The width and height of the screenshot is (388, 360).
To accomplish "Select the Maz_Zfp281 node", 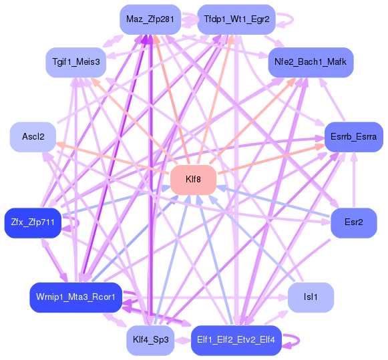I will (x=150, y=19).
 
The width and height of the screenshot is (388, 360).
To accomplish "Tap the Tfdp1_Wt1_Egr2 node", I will (x=237, y=19).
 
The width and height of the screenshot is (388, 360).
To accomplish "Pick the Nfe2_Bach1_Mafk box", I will (x=311, y=61).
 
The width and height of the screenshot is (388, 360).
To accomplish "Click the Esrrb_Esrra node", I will (x=353, y=137).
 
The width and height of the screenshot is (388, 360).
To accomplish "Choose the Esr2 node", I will (x=353, y=222).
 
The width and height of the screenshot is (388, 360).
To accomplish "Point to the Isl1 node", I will (x=310, y=297).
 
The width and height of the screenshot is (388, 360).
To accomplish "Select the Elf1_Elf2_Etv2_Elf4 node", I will (x=236, y=340).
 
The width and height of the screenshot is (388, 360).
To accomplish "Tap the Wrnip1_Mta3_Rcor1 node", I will (x=75, y=297).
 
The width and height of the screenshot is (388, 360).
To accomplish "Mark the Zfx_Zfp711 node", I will (x=32, y=222).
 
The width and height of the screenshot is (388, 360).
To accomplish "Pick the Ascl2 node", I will (x=33, y=137).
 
